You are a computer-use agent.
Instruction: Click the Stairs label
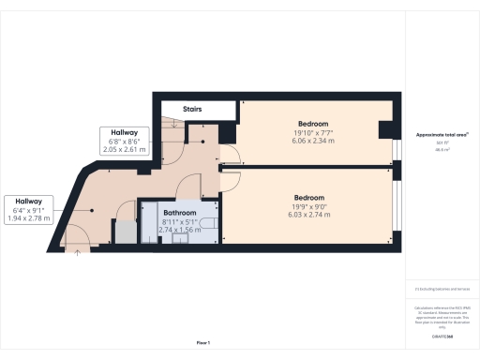(x=192, y=110)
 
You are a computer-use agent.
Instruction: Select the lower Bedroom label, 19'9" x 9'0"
(x=309, y=198)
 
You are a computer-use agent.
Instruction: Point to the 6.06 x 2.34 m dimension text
(x=313, y=142)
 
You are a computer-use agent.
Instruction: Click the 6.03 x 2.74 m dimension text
(x=309, y=216)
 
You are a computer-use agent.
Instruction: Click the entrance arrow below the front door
(x=76, y=254)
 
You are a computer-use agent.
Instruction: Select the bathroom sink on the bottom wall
(x=178, y=238)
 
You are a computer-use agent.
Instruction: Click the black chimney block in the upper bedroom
(x=384, y=129)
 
